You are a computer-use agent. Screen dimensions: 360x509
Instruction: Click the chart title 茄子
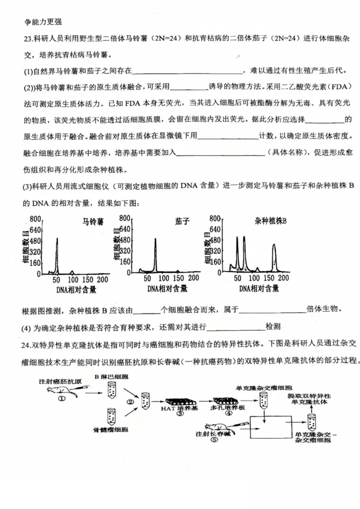pos(182,221)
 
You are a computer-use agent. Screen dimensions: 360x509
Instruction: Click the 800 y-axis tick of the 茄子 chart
pos(125,219)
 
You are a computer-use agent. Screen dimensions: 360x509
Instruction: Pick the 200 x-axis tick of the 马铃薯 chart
pos(103,280)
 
